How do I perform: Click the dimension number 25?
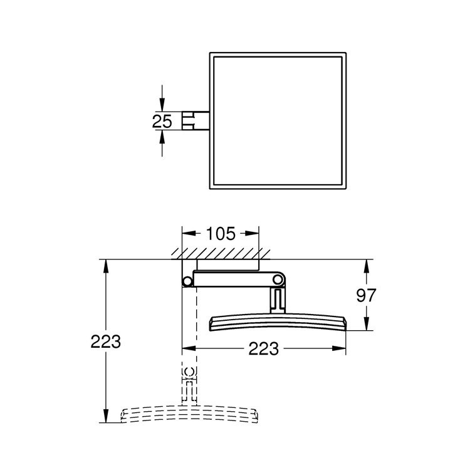tap(162, 121)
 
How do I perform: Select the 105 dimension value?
tap(220, 234)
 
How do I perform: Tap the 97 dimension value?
tap(367, 295)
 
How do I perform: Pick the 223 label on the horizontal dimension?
tap(263, 349)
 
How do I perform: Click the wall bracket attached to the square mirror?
tap(194, 121)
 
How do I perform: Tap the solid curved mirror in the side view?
tap(276, 321)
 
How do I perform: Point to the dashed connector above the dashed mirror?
tap(188, 384)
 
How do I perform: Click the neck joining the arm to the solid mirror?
tap(277, 300)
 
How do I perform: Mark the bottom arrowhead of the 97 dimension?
tap(367, 325)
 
